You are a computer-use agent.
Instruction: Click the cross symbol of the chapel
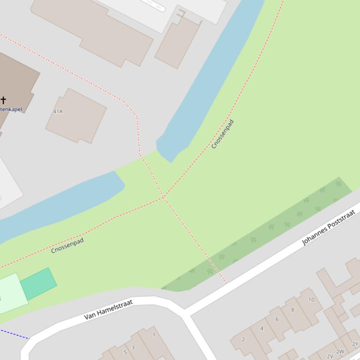coord(3,100)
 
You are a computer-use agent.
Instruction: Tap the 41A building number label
coord(58,112)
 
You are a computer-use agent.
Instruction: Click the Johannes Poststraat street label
coord(329,228)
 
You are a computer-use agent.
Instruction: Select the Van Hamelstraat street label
coord(109,310)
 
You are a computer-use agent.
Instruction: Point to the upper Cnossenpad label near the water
coord(222,134)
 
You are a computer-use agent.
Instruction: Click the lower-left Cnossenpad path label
coord(67,245)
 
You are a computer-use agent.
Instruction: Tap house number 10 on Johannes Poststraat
coord(311,300)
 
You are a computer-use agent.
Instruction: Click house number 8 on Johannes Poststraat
coord(293,310)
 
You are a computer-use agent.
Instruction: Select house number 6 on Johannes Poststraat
coord(277,319)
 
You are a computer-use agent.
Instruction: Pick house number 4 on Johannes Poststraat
coord(262,328)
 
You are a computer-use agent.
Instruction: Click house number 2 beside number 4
coord(243,339)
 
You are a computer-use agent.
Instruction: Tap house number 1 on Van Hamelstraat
coord(154,335)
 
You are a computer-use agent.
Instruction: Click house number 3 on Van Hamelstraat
coord(133,347)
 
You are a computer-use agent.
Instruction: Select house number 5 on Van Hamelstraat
coord(125,352)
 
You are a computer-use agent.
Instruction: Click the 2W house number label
coord(340,352)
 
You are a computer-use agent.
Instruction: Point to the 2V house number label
coord(330,356)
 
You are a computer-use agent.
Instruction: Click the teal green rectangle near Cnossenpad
coord(38,284)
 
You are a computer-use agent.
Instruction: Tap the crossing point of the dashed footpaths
coord(163,197)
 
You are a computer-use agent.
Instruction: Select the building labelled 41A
coord(76,115)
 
